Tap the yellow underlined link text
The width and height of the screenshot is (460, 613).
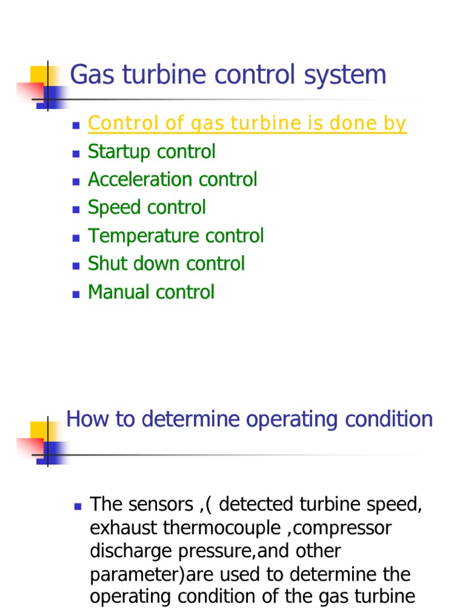247,123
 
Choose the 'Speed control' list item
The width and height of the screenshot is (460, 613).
147,208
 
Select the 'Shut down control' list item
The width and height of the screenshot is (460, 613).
166,264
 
